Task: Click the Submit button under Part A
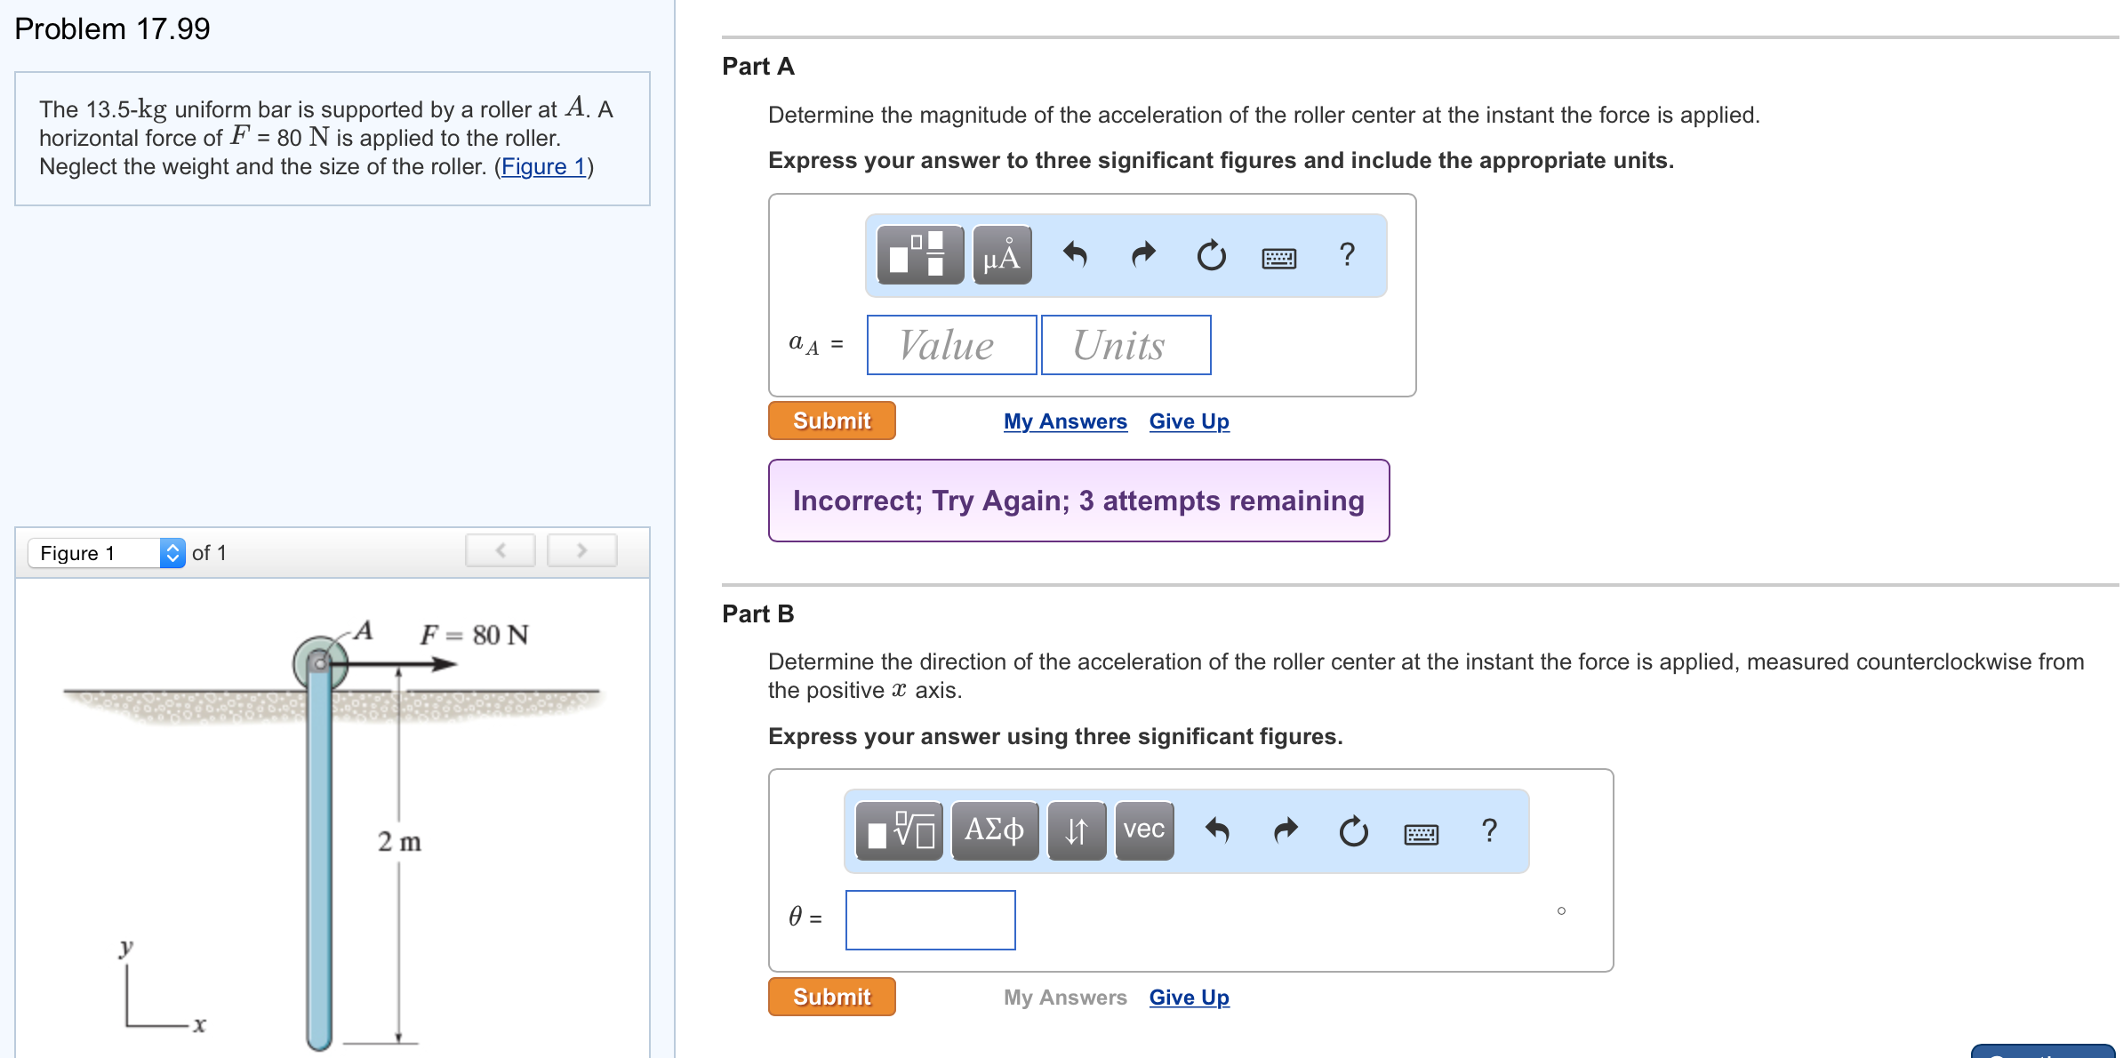pyautogui.click(x=831, y=421)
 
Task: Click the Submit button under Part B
pyautogui.click(x=831, y=997)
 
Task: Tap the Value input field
pyautogui.click(x=951, y=345)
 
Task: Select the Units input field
pyautogui.click(x=1126, y=345)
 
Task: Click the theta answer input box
pyautogui.click(x=930, y=919)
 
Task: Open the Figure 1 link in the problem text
pyautogui.click(x=543, y=166)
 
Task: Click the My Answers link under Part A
pyautogui.click(x=1065, y=421)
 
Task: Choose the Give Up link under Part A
pyautogui.click(x=1189, y=421)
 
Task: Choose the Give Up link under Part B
pyautogui.click(x=1189, y=998)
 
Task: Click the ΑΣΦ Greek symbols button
pyautogui.click(x=995, y=830)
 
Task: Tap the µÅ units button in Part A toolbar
pyautogui.click(x=1002, y=255)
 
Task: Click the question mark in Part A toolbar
pyautogui.click(x=1347, y=255)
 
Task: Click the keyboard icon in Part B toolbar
pyautogui.click(x=1421, y=833)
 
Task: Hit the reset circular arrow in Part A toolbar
pyautogui.click(x=1211, y=256)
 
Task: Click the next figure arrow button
pyautogui.click(x=581, y=551)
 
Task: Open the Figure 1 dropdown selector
pyautogui.click(x=107, y=553)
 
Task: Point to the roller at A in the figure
pyautogui.click(x=319, y=663)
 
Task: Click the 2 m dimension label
pyautogui.click(x=399, y=841)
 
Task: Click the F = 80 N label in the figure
pyautogui.click(x=474, y=635)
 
